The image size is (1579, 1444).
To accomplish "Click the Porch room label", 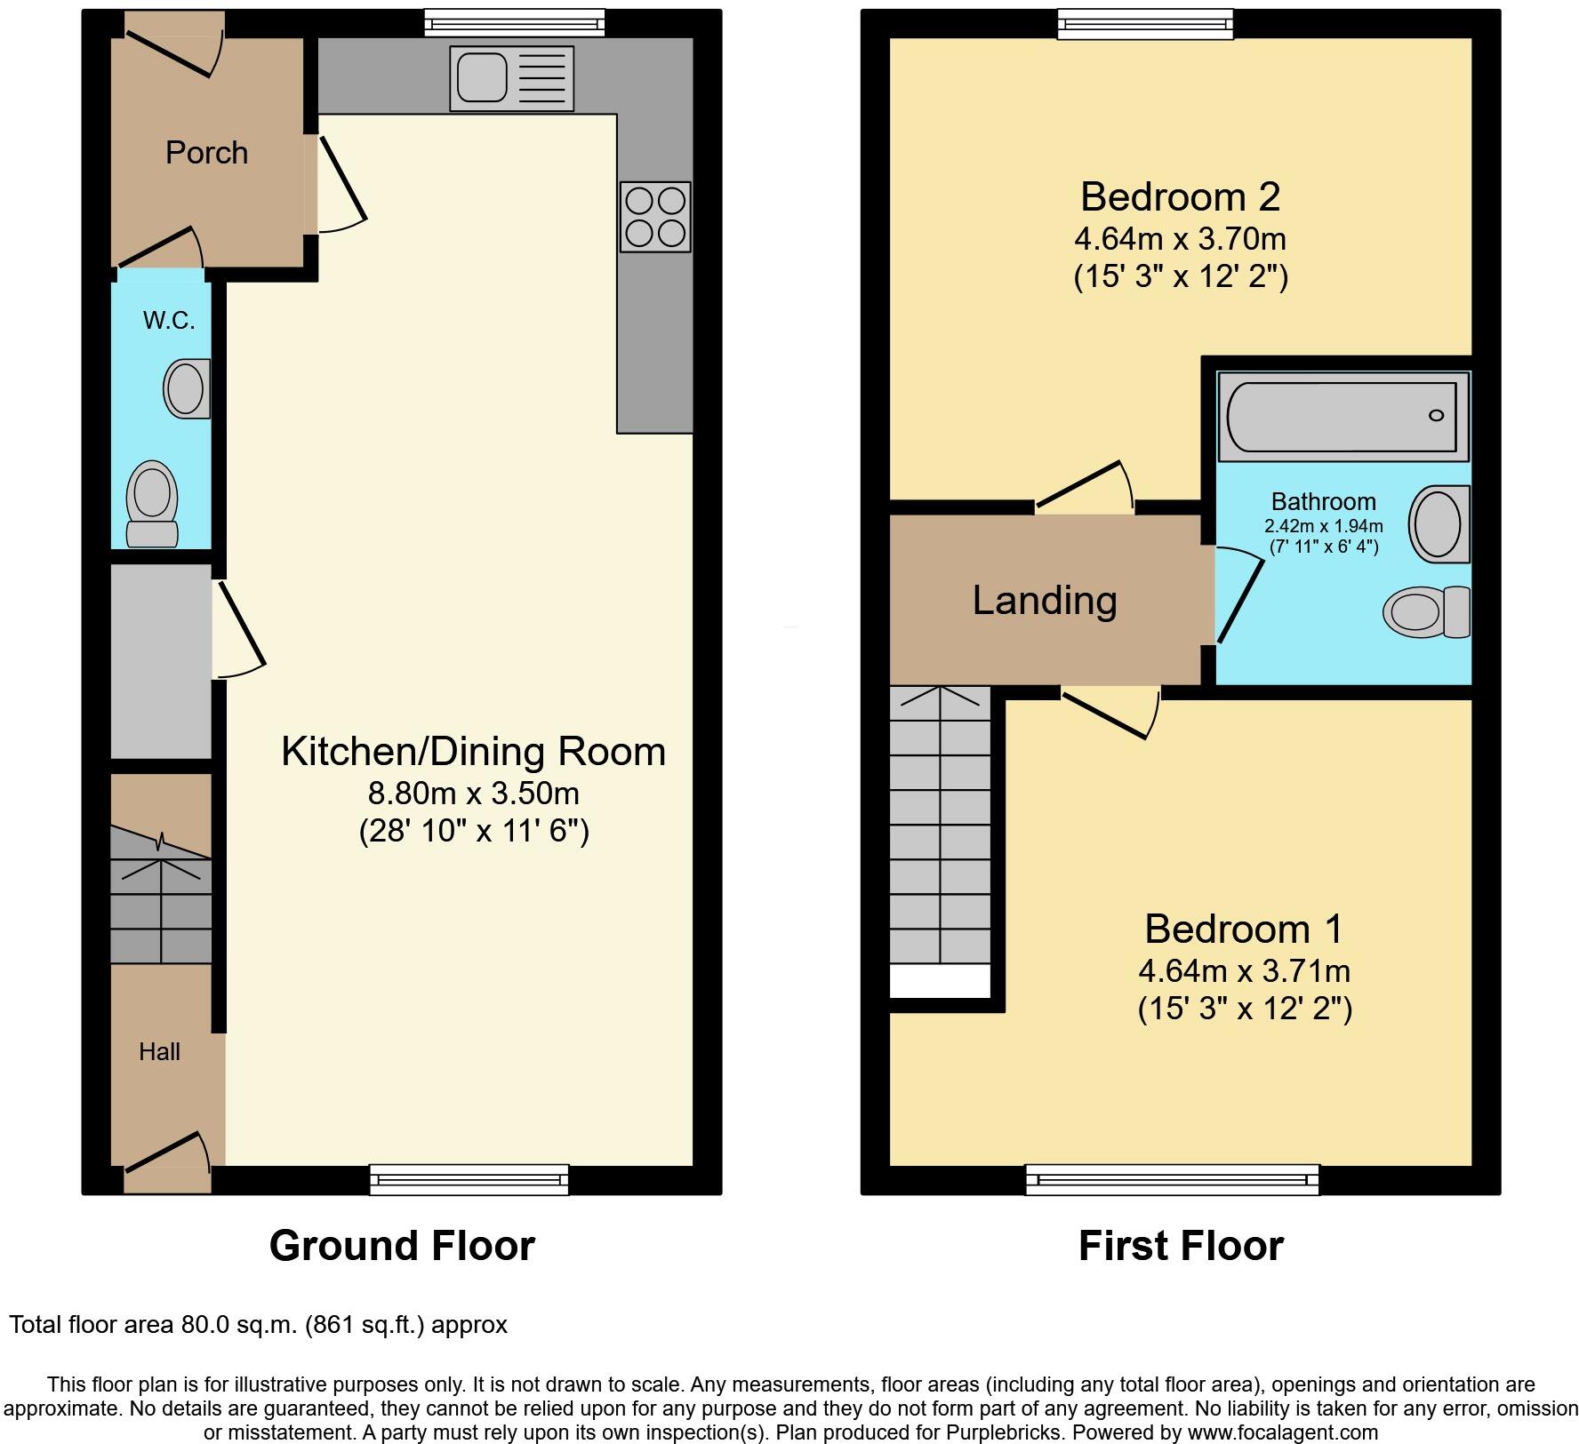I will click(x=206, y=153).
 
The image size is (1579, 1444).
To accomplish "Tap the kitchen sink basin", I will click(x=482, y=77).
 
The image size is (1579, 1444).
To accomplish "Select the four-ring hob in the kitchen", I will click(x=656, y=217).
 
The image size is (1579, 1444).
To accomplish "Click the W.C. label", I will click(x=169, y=320).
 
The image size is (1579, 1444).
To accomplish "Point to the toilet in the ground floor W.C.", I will click(x=152, y=503).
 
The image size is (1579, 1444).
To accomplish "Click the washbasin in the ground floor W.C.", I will click(x=187, y=388).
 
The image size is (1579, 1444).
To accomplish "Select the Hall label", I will click(x=159, y=1052).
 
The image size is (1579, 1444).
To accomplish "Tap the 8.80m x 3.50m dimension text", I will click(x=473, y=793).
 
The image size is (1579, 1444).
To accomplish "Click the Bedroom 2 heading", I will click(x=1180, y=196).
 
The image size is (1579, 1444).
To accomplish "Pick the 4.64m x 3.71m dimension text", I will click(x=1244, y=970).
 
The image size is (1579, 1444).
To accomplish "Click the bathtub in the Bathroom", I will click(x=1342, y=415).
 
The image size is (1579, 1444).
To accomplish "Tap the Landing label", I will click(x=1045, y=600).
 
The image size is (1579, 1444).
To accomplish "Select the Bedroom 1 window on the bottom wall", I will click(x=1172, y=1179).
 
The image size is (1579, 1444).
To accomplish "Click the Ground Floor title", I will click(x=402, y=1246).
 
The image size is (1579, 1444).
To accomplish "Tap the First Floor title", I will click(x=1181, y=1246).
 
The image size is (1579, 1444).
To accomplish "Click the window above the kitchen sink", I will click(x=515, y=22).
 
